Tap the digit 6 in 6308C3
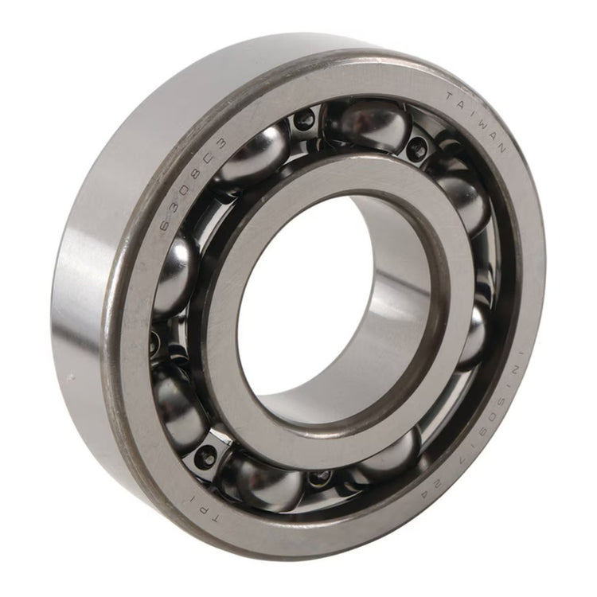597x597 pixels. tap(166, 226)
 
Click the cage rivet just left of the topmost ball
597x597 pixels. tap(304, 121)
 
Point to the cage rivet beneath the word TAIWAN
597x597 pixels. tap(416, 147)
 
